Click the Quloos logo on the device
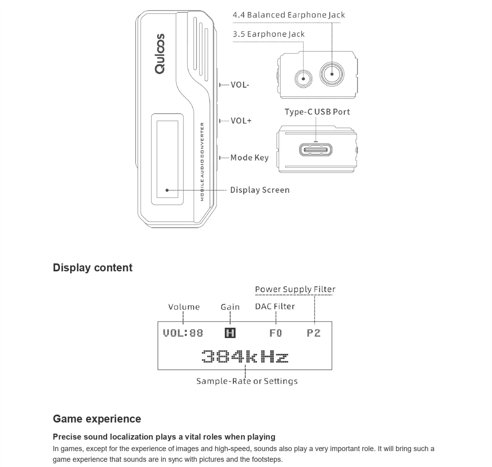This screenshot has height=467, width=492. click(x=160, y=54)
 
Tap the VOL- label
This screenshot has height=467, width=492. click(x=240, y=85)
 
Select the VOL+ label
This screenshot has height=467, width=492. click(x=241, y=121)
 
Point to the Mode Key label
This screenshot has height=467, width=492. click(x=249, y=158)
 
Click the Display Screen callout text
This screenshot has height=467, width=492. click(x=260, y=190)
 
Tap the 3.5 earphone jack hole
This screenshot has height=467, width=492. click(x=303, y=78)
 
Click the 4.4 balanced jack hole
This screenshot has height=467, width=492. click(x=332, y=74)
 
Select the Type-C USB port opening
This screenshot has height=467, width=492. click(x=316, y=150)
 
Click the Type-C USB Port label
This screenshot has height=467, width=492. click(x=317, y=112)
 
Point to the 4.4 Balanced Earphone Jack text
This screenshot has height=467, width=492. click(x=288, y=15)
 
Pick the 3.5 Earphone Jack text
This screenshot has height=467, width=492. click(x=269, y=34)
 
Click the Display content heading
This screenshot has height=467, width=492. click(x=92, y=268)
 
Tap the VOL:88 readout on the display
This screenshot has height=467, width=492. click(x=183, y=333)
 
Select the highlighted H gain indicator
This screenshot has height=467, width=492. click(x=230, y=333)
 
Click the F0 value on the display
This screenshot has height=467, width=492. click(x=276, y=333)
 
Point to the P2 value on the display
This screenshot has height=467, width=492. click(x=313, y=333)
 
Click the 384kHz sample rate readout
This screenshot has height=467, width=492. click(x=245, y=356)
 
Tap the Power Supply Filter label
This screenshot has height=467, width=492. click(x=295, y=289)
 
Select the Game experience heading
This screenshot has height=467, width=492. click(x=97, y=419)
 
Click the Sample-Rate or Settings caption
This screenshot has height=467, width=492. click(x=247, y=381)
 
